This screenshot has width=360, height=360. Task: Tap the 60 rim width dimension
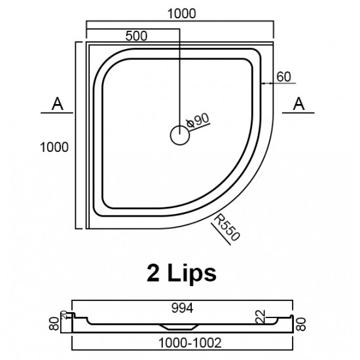(x=283, y=77)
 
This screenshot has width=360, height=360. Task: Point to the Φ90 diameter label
(x=197, y=120)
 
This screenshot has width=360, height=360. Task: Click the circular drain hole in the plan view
(x=179, y=135)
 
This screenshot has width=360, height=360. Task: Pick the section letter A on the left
(x=58, y=103)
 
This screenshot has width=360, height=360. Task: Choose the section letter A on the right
(x=298, y=103)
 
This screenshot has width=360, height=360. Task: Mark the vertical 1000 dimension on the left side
(x=54, y=147)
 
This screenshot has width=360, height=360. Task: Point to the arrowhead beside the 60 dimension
(x=263, y=83)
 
